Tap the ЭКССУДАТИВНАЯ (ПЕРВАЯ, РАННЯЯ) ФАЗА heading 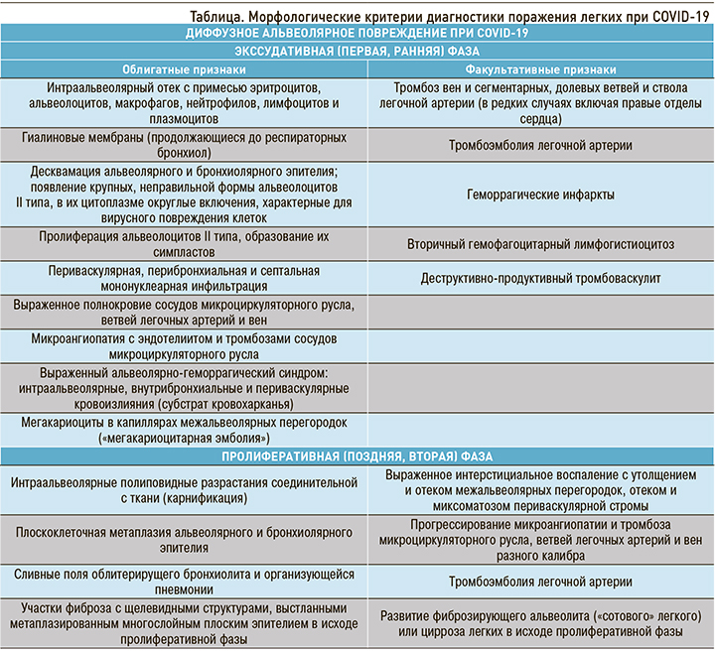coord(357,52)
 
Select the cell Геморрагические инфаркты coord(541,196)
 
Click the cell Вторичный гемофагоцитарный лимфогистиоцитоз coord(541,243)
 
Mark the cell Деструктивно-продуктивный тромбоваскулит coord(541,278)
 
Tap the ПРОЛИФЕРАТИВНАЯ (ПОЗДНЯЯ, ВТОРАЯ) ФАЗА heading coord(357,456)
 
